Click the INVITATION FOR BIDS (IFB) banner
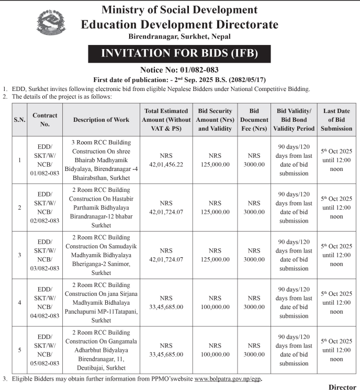click(x=179, y=53)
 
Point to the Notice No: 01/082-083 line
click(x=179, y=70)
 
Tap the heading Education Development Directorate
click(x=179, y=24)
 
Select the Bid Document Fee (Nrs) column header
click(x=254, y=120)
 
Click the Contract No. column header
click(x=45, y=120)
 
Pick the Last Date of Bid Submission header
click(x=336, y=120)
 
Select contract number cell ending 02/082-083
click(x=45, y=208)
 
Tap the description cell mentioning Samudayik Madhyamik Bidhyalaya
click(x=101, y=255)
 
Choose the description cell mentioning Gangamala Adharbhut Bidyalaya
click(x=101, y=349)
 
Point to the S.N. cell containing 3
click(x=19, y=255)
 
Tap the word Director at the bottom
click(x=342, y=387)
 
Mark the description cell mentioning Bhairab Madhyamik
click(x=101, y=160)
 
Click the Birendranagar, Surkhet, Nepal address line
click(x=179, y=37)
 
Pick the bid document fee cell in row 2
click(x=254, y=208)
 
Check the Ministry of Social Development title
click(x=179, y=9)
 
